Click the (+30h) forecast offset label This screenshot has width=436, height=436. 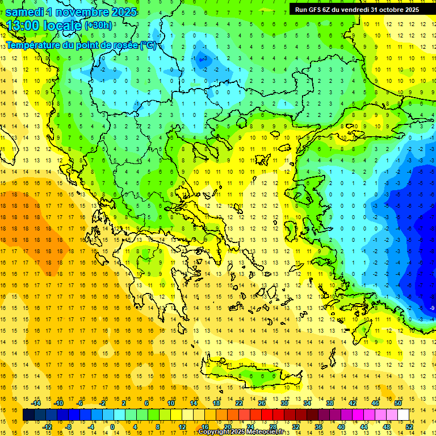99,26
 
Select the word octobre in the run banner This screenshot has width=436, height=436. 387,9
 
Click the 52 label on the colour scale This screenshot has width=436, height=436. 409,426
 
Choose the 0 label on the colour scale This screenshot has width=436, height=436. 112,426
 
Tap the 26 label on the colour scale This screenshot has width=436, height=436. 262,403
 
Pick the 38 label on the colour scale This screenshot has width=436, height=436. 330,403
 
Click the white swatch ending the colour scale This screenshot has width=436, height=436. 403,414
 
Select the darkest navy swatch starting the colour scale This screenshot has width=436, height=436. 28,414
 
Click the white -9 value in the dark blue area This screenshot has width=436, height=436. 433,308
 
